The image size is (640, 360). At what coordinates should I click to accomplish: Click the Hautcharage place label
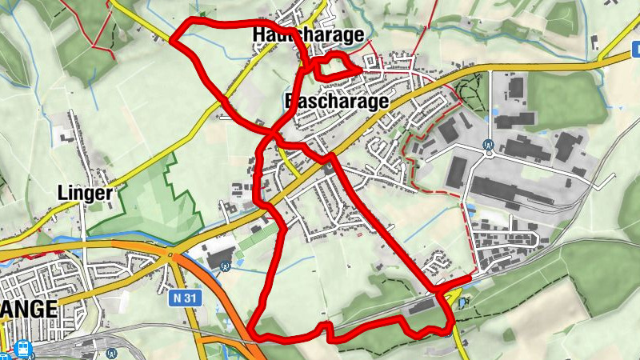(x=308, y=34)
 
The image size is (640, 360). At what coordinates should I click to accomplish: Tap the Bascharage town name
(x=336, y=101)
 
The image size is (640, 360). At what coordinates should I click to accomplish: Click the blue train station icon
(x=22, y=349)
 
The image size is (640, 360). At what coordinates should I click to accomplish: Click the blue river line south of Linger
(x=120, y=238)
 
